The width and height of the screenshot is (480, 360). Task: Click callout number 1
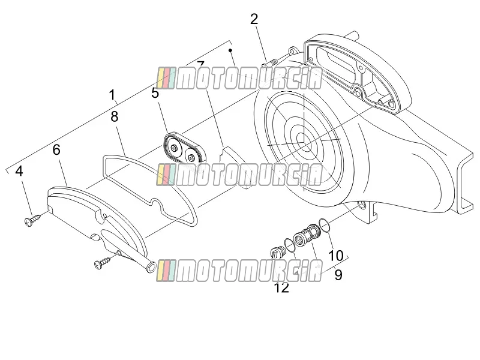tap(113, 95)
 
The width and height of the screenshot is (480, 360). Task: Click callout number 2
tap(254, 19)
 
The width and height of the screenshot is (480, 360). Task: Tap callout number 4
tap(19, 171)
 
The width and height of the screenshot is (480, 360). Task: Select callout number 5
tap(155, 93)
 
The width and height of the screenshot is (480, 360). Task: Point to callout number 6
tap(56, 149)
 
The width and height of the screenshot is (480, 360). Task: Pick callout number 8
tap(114, 116)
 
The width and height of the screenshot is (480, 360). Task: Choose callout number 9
tap(338, 275)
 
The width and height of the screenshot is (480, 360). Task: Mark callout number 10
tap(336, 256)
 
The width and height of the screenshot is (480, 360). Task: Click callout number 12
tap(281, 288)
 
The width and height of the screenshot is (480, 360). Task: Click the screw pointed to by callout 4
tap(32, 221)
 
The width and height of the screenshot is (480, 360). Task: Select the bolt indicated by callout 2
tap(269, 64)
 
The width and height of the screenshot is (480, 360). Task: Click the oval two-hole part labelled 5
tap(184, 148)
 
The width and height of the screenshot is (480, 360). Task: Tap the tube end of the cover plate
tap(151, 267)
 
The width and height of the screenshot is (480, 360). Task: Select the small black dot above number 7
tap(231, 50)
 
